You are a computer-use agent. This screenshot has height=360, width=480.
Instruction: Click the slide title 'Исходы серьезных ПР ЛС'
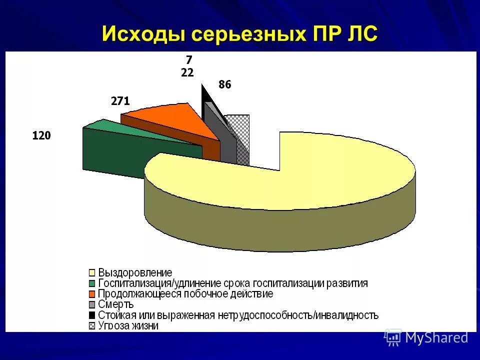[240, 34]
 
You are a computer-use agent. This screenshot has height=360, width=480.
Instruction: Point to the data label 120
[41, 135]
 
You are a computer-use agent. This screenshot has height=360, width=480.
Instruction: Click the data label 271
[120, 101]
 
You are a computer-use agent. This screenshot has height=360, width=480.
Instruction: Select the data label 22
[187, 72]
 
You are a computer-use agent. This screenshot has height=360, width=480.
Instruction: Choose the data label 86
[225, 85]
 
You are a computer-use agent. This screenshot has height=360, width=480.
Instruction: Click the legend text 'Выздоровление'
[135, 273]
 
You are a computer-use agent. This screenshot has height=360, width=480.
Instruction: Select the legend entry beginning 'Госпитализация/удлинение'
[233, 283]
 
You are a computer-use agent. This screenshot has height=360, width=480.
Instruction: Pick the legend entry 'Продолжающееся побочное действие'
[185, 294]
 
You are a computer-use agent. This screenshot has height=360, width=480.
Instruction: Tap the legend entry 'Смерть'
[116, 304]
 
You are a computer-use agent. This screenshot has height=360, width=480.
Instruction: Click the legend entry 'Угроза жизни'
[128, 326]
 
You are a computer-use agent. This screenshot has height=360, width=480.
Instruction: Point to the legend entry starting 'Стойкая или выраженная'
[238, 315]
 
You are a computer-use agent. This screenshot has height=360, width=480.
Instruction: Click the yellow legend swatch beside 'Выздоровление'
[91, 273]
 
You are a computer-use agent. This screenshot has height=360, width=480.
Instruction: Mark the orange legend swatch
[91, 294]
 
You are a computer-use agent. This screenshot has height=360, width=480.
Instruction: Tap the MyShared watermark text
[436, 337]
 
